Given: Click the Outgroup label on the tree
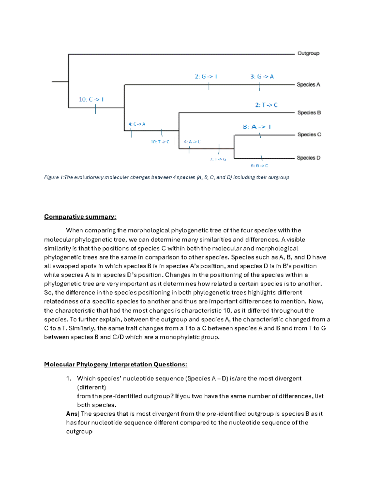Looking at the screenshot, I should pos(308,53).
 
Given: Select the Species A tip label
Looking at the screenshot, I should pos(308,85).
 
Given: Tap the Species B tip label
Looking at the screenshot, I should pos(309,113).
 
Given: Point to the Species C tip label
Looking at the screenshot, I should pos(309,135).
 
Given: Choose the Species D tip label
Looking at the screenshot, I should pos(308,158).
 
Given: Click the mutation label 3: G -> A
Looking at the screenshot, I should pos(262,77).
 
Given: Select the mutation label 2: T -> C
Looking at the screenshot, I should pos(266,105).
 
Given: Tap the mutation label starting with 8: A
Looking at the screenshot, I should pos(257,127).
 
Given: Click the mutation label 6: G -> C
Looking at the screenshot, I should pos(259,166).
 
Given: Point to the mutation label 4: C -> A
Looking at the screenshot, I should pos(137,124).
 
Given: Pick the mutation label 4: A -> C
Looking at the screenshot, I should pos(192,142).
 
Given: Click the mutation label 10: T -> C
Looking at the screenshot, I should pos(160,142).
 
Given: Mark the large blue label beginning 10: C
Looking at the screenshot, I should pos(91,99).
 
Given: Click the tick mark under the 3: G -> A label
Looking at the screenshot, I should pos(259,87).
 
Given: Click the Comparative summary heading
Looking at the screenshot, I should pos(80,217).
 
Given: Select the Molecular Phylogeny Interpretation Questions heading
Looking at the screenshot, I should pos(115,364).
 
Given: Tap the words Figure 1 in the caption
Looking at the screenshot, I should pos(53,177).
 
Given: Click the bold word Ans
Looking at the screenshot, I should pos(72,414).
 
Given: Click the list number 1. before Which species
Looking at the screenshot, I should pos(69,379).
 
